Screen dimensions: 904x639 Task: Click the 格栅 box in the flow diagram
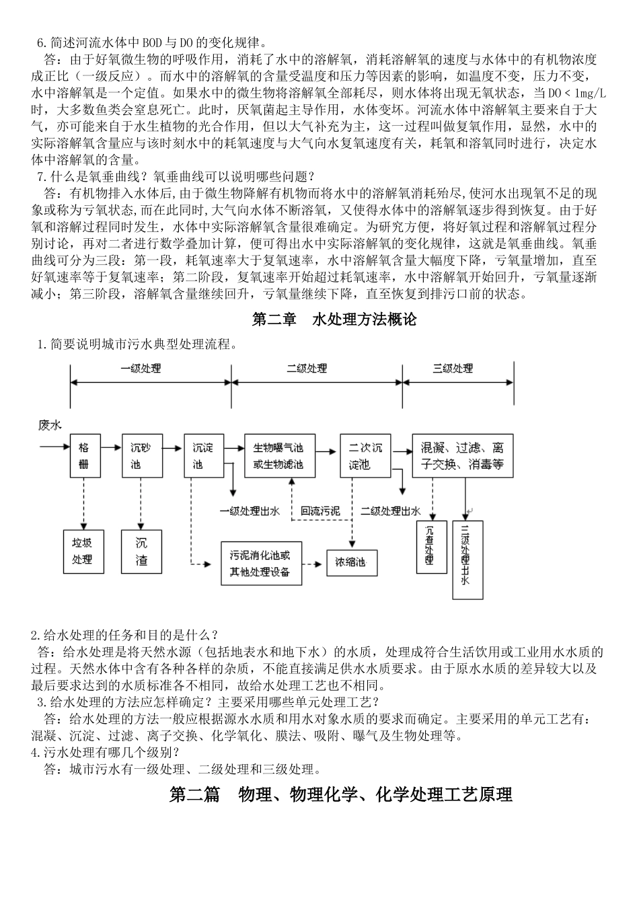point(84,455)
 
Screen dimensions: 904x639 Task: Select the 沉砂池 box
point(141,455)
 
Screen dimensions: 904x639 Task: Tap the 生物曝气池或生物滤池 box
point(278,455)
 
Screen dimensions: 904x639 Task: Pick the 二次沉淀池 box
point(365,455)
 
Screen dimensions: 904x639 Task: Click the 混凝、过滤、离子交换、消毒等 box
point(462,455)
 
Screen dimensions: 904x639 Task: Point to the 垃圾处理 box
point(84,551)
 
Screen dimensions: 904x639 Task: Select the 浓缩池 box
point(351,562)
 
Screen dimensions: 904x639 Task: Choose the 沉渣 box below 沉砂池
point(141,551)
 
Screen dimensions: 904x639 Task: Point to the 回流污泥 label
point(320,511)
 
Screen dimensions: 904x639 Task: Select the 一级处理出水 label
point(250,511)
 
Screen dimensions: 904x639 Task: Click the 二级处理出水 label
point(391,511)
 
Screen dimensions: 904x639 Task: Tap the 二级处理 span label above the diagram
point(307,369)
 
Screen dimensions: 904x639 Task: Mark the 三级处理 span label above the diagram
point(453,369)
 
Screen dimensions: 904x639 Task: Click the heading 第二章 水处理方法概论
point(334,319)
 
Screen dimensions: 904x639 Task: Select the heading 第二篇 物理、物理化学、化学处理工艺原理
point(341,794)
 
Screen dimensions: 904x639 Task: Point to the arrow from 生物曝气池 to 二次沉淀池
point(327,449)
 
